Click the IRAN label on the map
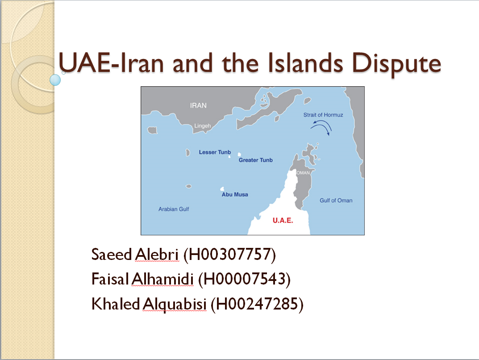tap(198, 105)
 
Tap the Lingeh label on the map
tap(203, 126)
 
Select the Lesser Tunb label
tap(215, 152)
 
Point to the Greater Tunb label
tap(256, 160)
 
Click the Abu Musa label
tap(235, 194)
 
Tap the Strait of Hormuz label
tap(323, 115)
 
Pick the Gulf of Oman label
tap(336, 201)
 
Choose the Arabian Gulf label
tap(174, 209)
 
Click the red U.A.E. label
tap(283, 220)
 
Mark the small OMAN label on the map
tap(303, 173)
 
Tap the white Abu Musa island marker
tap(222, 189)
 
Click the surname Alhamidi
tap(162, 279)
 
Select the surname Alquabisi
tap(175, 304)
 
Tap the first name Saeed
tap(112, 255)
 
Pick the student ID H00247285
tap(257, 304)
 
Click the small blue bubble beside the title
tap(55, 80)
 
